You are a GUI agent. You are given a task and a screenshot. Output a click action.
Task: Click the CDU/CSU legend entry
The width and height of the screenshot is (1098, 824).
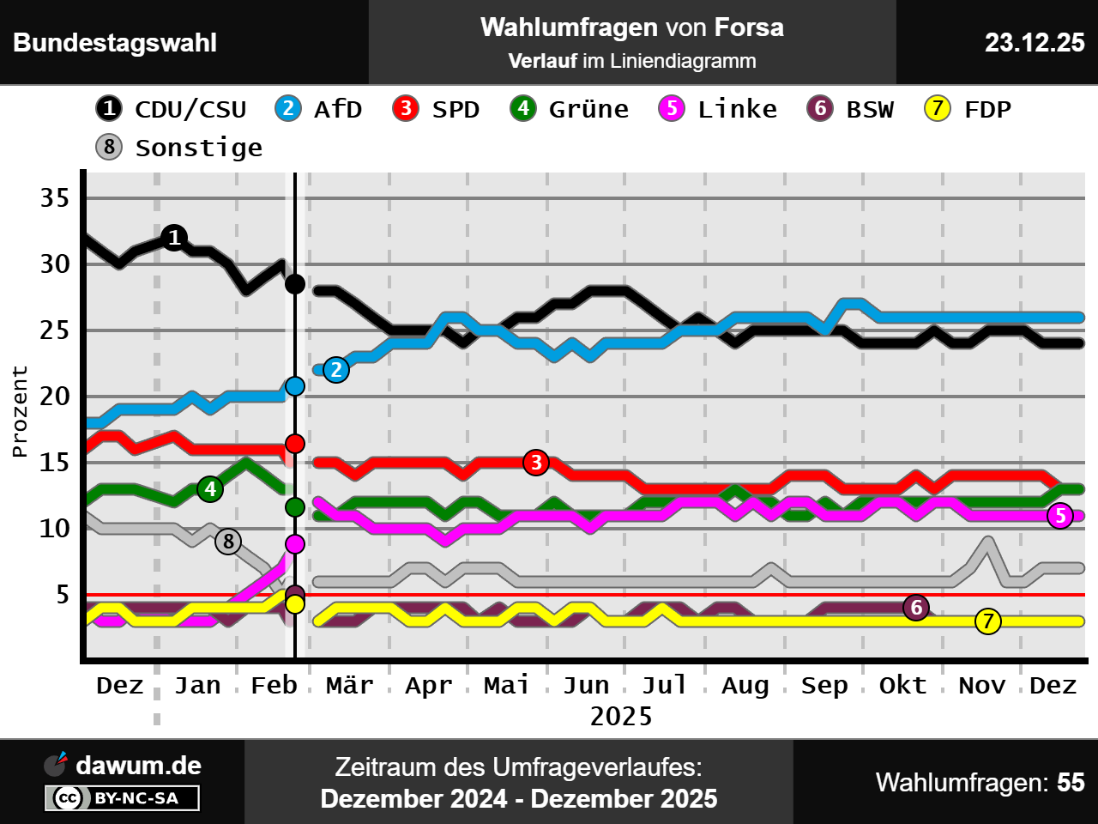coord(172,109)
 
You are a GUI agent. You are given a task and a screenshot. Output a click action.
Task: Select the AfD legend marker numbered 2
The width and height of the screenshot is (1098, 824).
coord(288,109)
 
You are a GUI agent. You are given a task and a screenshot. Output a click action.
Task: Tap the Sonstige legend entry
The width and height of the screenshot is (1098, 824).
coord(180,148)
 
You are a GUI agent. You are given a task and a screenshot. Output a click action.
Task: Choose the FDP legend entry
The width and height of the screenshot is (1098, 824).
coord(968,109)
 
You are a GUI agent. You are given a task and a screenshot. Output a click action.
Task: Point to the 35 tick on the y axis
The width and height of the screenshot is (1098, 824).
coord(55,198)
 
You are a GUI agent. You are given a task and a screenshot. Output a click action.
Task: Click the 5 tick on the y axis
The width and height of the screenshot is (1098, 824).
coord(63,594)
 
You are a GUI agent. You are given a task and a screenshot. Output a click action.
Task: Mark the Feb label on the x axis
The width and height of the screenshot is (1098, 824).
coord(274,685)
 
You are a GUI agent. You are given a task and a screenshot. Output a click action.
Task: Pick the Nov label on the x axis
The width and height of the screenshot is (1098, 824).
coord(981,685)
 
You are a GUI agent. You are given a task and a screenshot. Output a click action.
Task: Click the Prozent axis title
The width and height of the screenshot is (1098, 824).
coord(20,411)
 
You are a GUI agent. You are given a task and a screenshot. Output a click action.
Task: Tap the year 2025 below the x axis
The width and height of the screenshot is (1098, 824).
coord(621,716)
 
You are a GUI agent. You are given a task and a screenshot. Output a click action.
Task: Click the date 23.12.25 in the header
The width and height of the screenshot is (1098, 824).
coord(1035,43)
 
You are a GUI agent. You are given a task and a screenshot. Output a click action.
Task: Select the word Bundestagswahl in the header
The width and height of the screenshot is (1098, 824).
coord(115,43)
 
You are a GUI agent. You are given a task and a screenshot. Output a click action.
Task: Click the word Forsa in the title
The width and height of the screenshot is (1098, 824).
coord(749,27)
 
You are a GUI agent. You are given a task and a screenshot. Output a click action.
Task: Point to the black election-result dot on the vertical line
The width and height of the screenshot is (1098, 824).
coord(294,284)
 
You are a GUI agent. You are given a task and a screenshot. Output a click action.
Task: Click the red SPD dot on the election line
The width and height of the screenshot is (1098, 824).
coord(294,444)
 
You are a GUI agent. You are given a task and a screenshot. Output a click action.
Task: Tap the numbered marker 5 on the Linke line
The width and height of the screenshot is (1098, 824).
coord(1060,516)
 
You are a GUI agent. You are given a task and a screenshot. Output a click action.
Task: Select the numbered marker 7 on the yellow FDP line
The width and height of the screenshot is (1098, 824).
coord(988,621)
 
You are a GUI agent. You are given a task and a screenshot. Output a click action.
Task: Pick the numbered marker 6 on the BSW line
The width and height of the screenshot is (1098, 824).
coord(916,608)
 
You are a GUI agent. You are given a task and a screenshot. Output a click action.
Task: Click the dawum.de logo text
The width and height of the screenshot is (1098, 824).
coord(138,766)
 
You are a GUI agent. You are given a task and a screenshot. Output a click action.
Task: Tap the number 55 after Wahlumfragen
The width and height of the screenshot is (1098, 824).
coord(1071,783)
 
